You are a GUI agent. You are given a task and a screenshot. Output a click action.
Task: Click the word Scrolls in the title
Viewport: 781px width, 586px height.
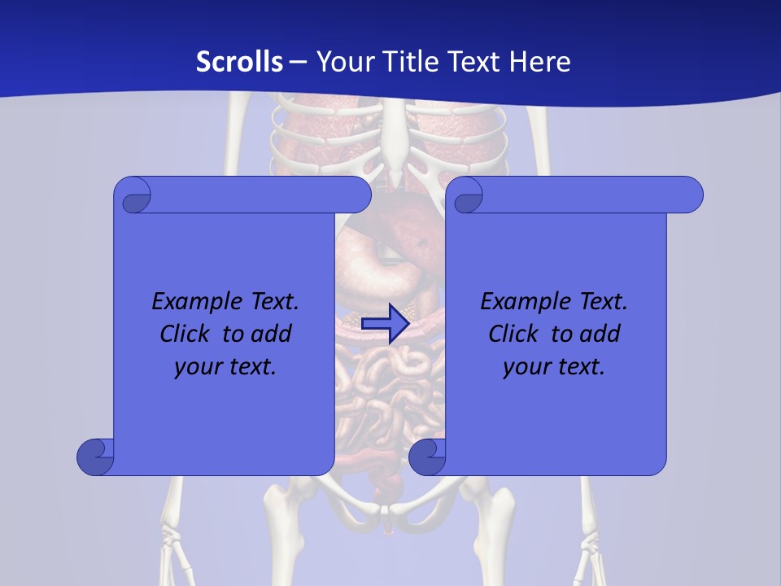pyautogui.click(x=239, y=62)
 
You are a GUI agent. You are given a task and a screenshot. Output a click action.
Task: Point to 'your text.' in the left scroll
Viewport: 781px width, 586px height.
pyautogui.click(x=225, y=366)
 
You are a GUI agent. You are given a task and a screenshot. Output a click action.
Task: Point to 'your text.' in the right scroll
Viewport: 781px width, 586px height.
pyautogui.click(x=553, y=366)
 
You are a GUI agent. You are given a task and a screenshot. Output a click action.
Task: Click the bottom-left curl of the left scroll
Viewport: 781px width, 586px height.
pyautogui.click(x=94, y=457)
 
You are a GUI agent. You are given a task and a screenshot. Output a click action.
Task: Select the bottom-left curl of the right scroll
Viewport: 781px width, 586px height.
pyautogui.click(x=426, y=457)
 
